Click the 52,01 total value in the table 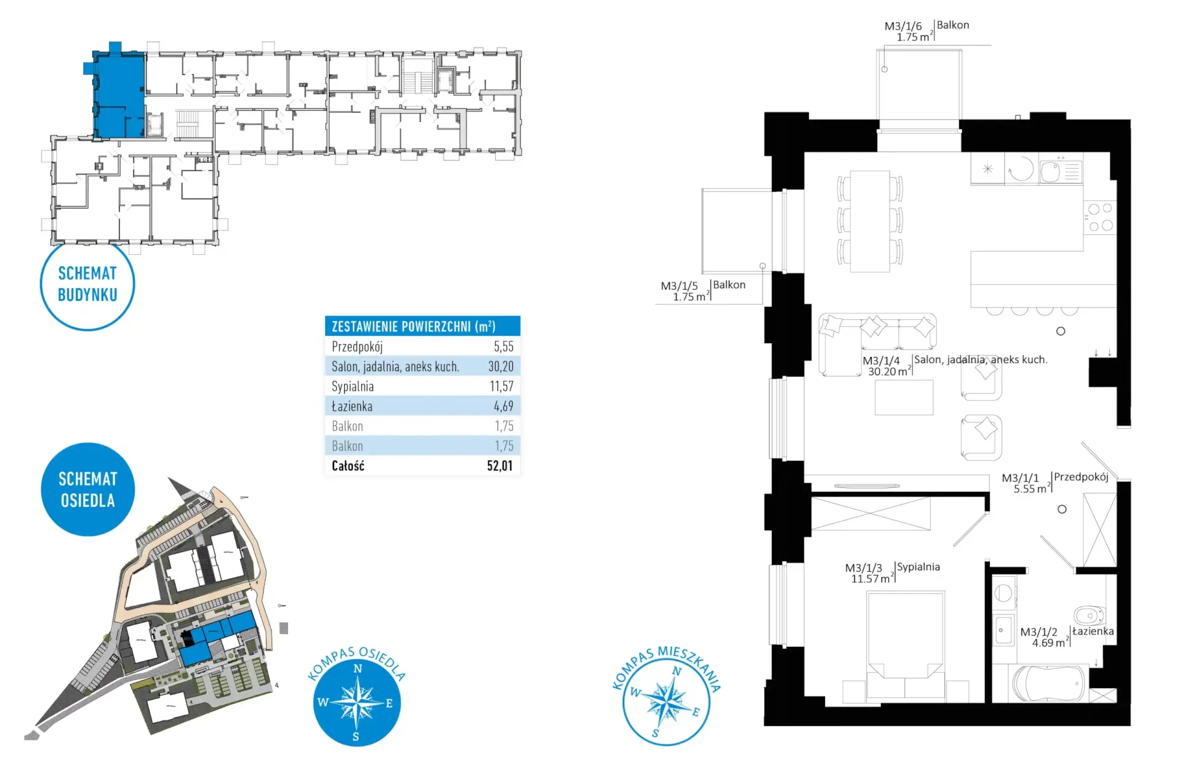499,466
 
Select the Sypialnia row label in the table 353,386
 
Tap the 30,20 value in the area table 501,367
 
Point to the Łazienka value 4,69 503,406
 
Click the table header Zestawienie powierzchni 413,326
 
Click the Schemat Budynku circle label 87,284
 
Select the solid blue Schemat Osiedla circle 87,489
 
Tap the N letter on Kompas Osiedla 358,669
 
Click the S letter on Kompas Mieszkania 655,733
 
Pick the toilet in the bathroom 1090,615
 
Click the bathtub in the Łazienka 1049,683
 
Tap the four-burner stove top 1100,217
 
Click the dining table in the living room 870,221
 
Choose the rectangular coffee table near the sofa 904,398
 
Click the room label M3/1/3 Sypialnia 893,572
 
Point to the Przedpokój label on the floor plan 1081,477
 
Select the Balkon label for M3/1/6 953,25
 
